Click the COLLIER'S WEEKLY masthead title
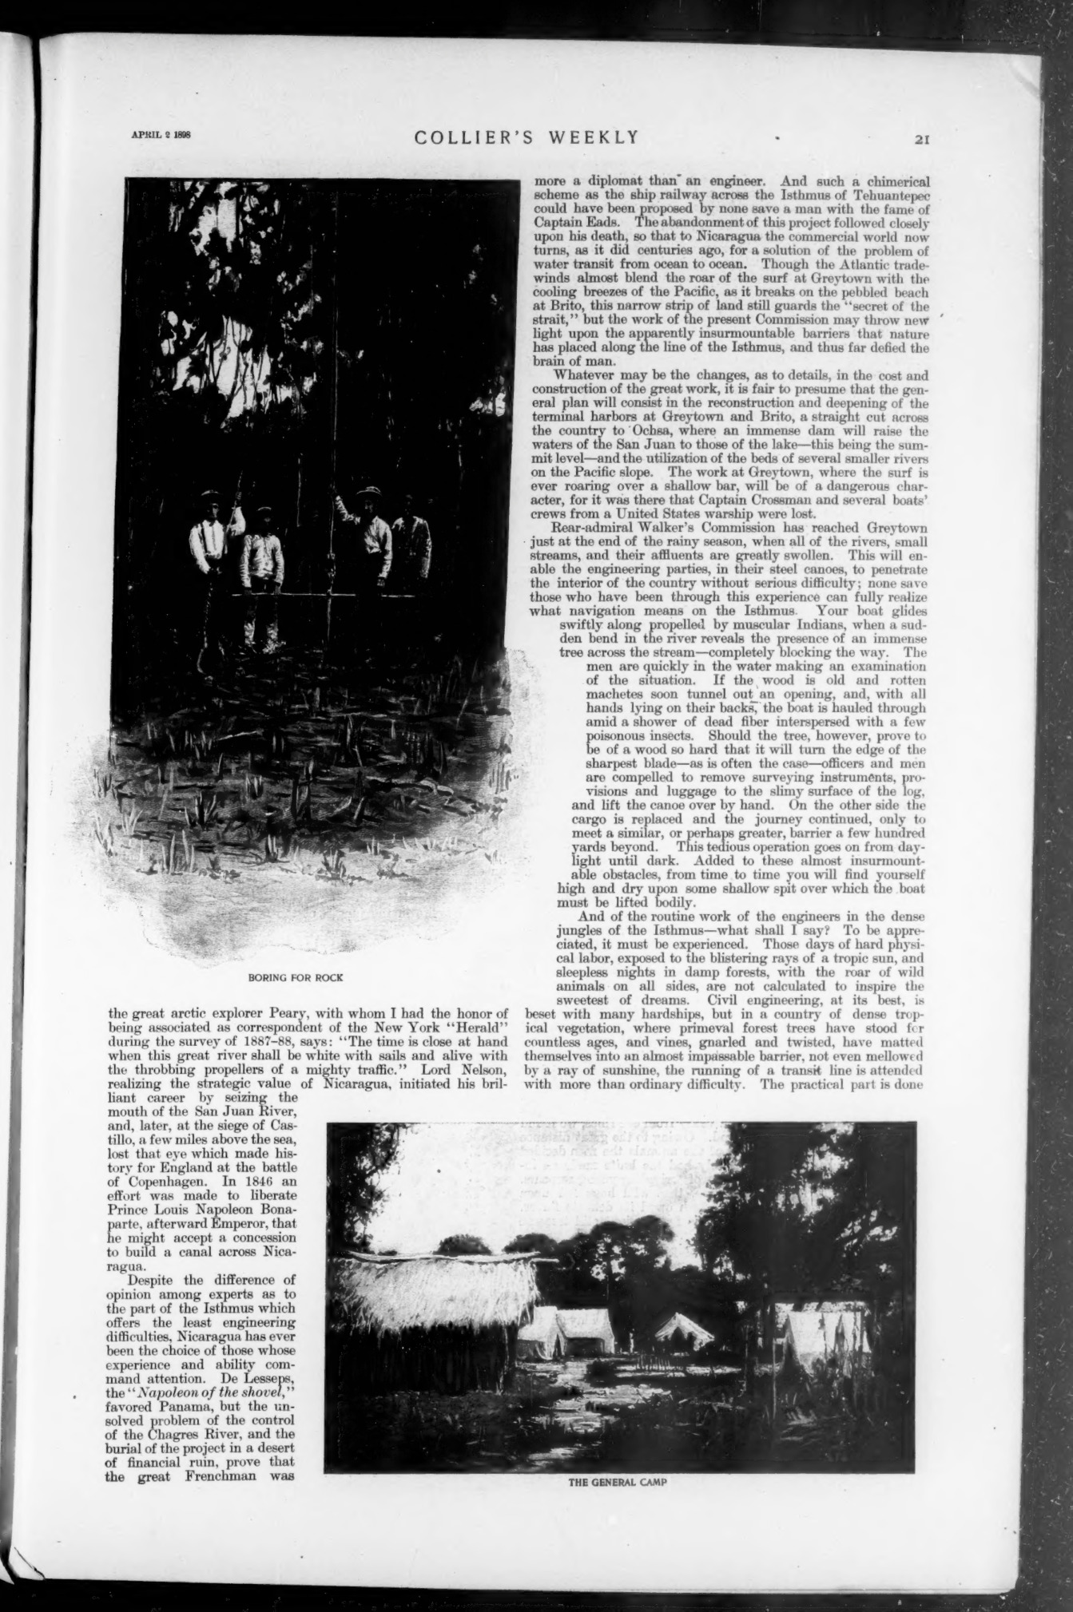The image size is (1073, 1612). click(527, 137)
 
